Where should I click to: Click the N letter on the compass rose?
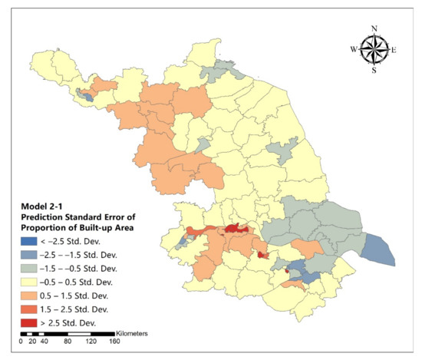pyautogui.click(x=374, y=28)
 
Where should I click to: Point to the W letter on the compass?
pyautogui.click(x=354, y=50)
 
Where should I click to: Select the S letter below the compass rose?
pyautogui.click(x=374, y=71)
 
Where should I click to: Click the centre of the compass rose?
pyautogui.click(x=374, y=50)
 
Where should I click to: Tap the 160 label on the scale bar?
pyautogui.click(x=114, y=342)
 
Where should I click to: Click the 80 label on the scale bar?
pyautogui.click(x=68, y=342)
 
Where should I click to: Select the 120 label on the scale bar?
pyautogui.click(x=91, y=342)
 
